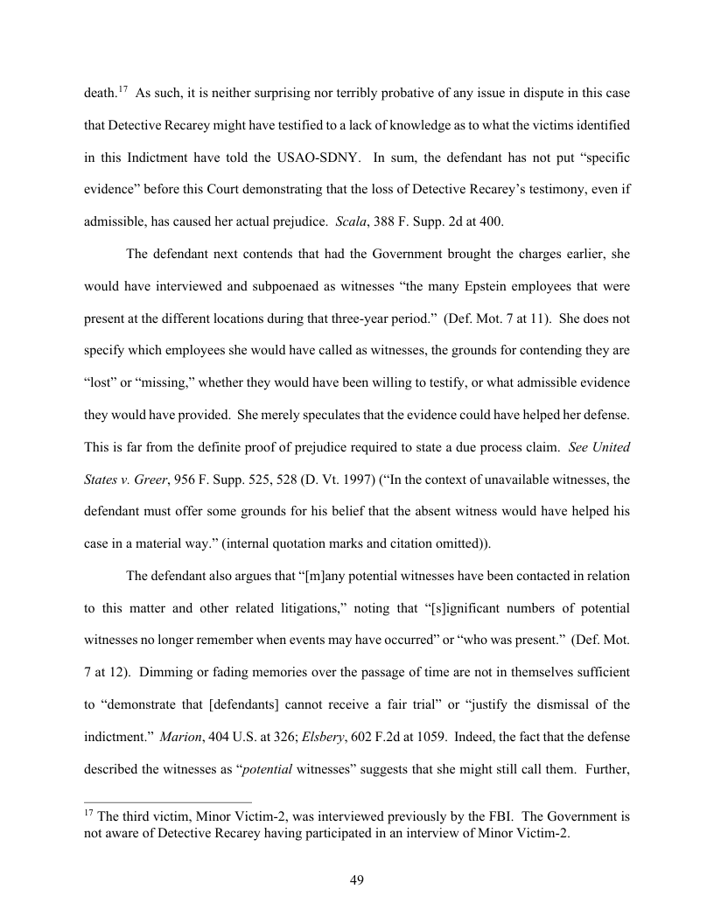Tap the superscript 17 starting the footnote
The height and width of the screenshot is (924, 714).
88,813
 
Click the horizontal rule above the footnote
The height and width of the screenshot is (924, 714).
167,801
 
